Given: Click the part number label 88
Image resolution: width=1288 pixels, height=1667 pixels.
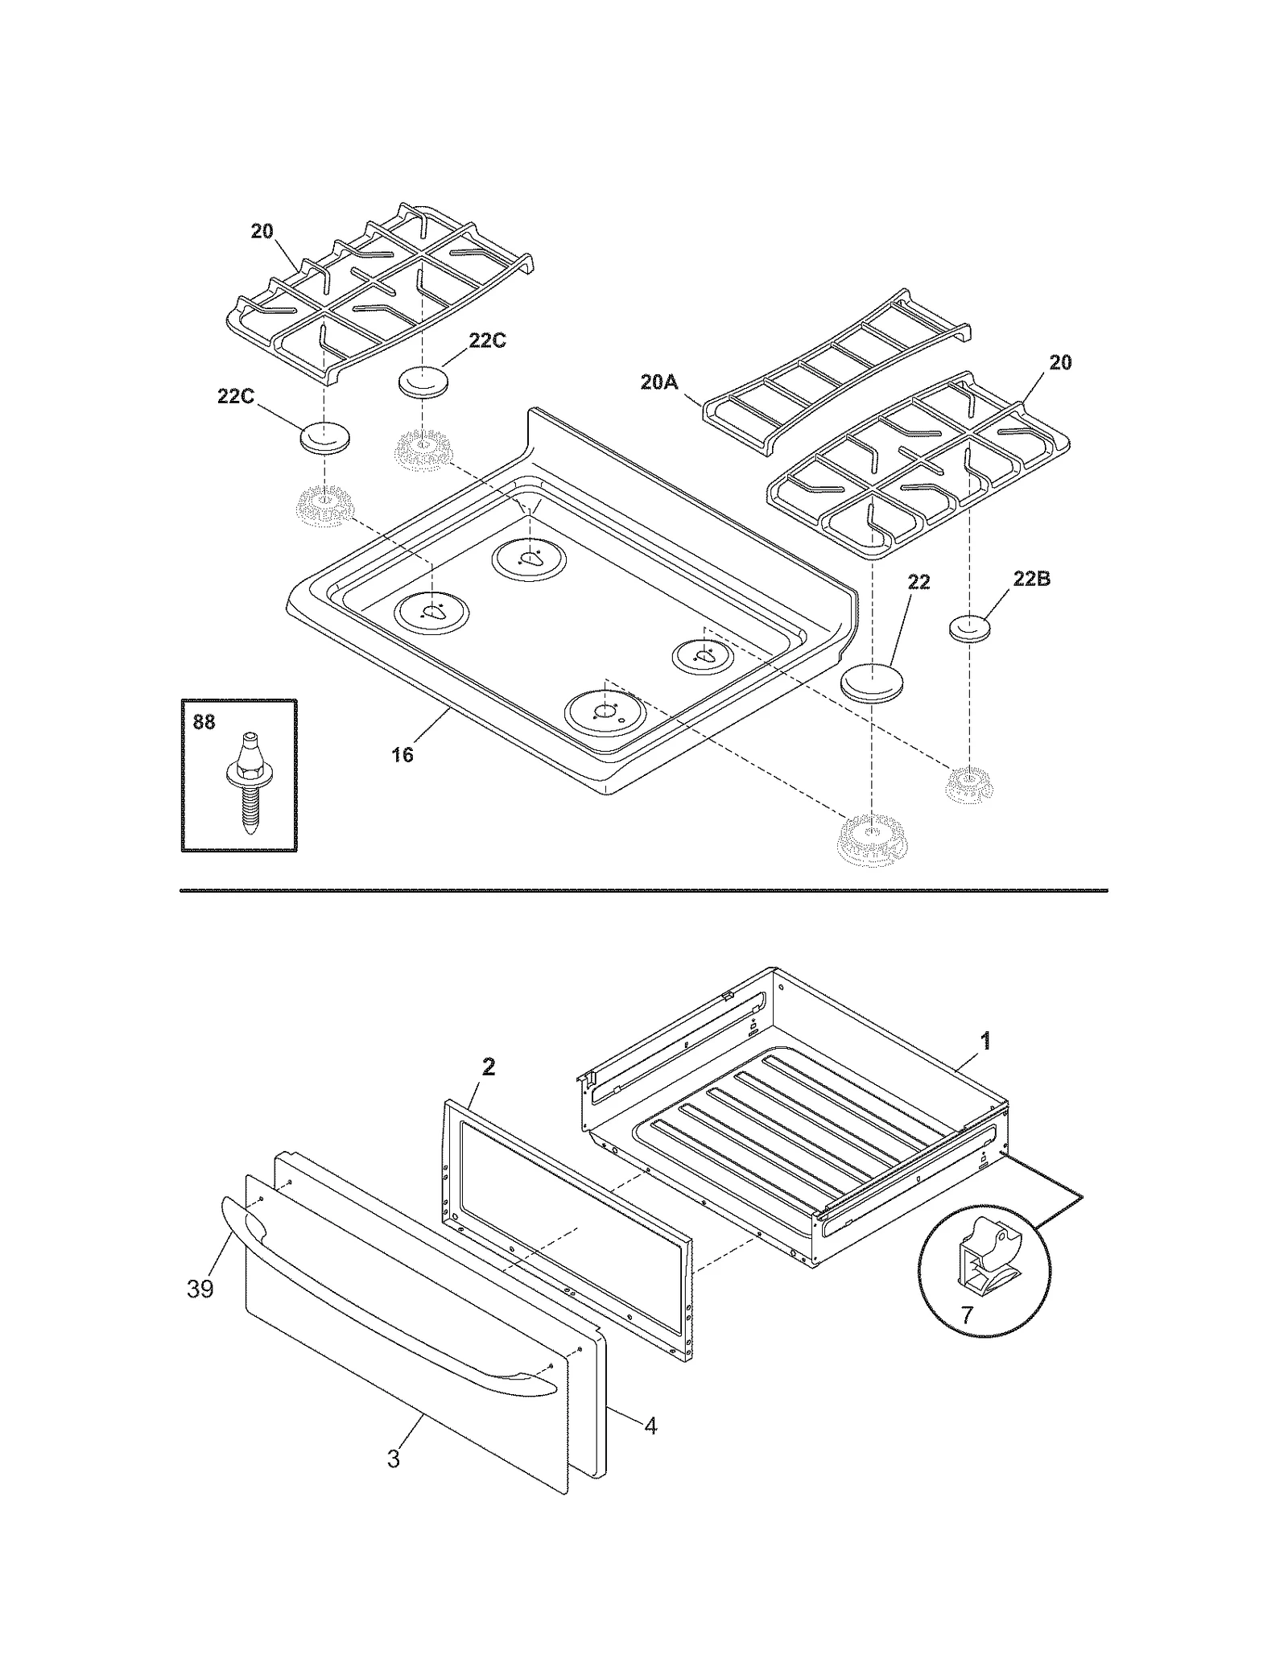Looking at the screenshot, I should pyautogui.click(x=204, y=722).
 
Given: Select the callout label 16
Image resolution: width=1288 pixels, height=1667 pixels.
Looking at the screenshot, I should pyautogui.click(x=402, y=754).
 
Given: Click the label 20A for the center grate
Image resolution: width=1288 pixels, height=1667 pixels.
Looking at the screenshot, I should pyautogui.click(x=659, y=382).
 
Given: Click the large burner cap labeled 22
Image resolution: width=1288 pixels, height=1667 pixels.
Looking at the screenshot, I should pyautogui.click(x=872, y=683).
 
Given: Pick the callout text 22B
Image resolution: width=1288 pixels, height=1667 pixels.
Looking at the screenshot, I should pyautogui.click(x=1031, y=579).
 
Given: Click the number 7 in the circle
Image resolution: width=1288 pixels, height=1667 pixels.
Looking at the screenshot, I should pyautogui.click(x=967, y=1315).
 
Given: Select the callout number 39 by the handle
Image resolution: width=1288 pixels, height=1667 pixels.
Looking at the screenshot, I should pyautogui.click(x=200, y=1289).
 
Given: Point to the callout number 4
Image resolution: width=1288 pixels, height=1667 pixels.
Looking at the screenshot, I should pyautogui.click(x=650, y=1426).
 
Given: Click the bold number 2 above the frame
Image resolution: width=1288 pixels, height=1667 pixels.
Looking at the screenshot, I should pyautogui.click(x=488, y=1067).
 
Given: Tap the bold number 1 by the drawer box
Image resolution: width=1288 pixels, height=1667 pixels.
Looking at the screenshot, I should pyautogui.click(x=985, y=1041).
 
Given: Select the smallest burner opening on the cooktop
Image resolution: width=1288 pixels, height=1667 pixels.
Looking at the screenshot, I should pyautogui.click(x=704, y=654).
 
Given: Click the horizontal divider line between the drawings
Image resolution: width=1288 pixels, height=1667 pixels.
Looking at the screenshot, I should pyautogui.click(x=644, y=891).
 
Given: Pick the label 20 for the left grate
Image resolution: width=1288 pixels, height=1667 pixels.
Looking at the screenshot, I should pyautogui.click(x=262, y=231).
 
